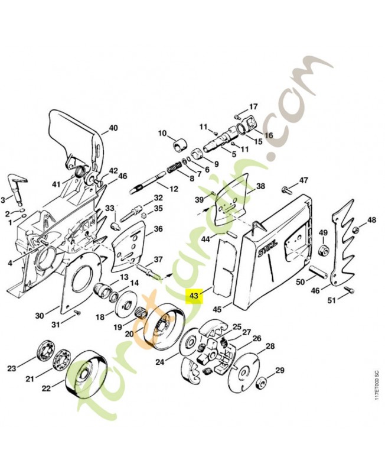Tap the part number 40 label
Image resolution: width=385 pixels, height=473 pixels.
(113, 128)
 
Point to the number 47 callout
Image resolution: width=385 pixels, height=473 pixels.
(303, 180)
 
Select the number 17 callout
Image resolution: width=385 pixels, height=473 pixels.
(253, 107)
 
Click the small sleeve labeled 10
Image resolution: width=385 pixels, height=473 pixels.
(180, 144)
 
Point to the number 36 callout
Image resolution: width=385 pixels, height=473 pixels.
(158, 229)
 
